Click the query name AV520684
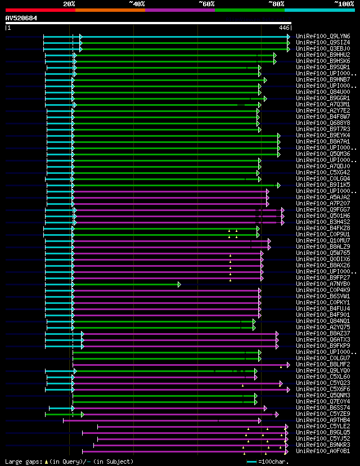click(21, 18)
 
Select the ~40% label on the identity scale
click(137, 3)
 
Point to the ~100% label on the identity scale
click(344, 3)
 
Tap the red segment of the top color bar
click(40, 10)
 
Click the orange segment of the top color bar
click(110, 10)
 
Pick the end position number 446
click(284, 28)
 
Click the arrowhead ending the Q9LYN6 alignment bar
click(289, 36)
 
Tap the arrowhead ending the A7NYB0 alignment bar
click(179, 284)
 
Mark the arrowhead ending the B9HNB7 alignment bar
click(265, 79)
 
